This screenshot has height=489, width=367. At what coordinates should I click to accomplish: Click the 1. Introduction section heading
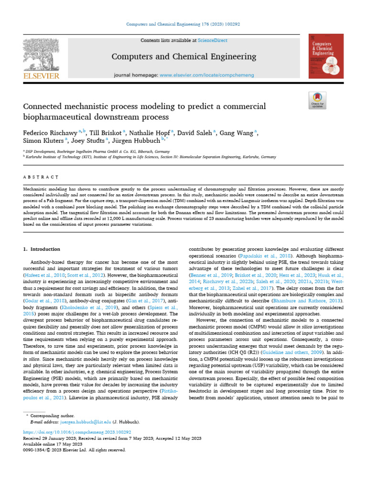(x=42, y=249)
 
